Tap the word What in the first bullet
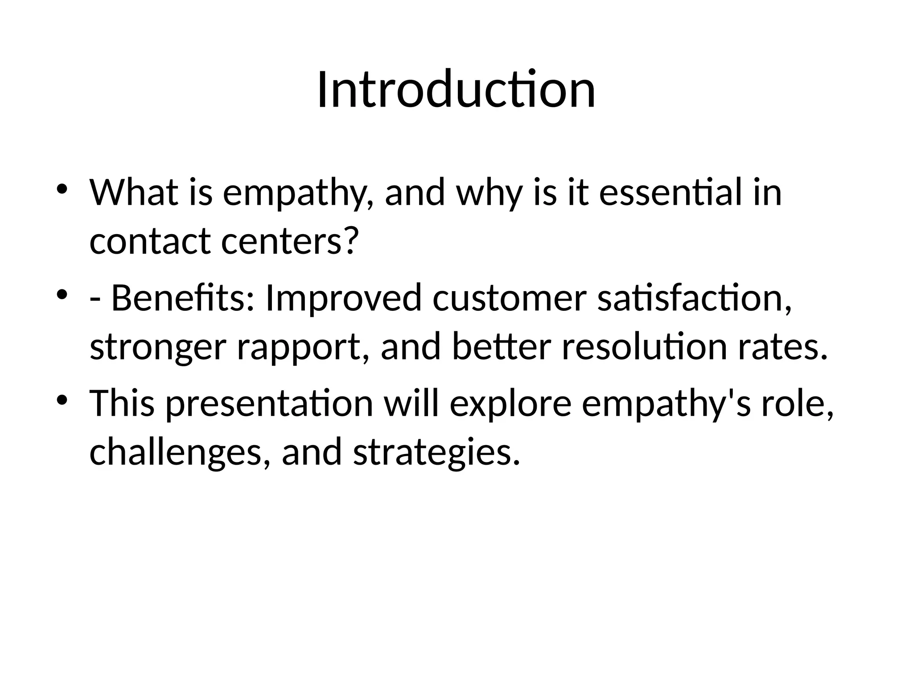(133, 193)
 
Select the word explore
(510, 404)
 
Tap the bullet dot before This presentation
(62, 399)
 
